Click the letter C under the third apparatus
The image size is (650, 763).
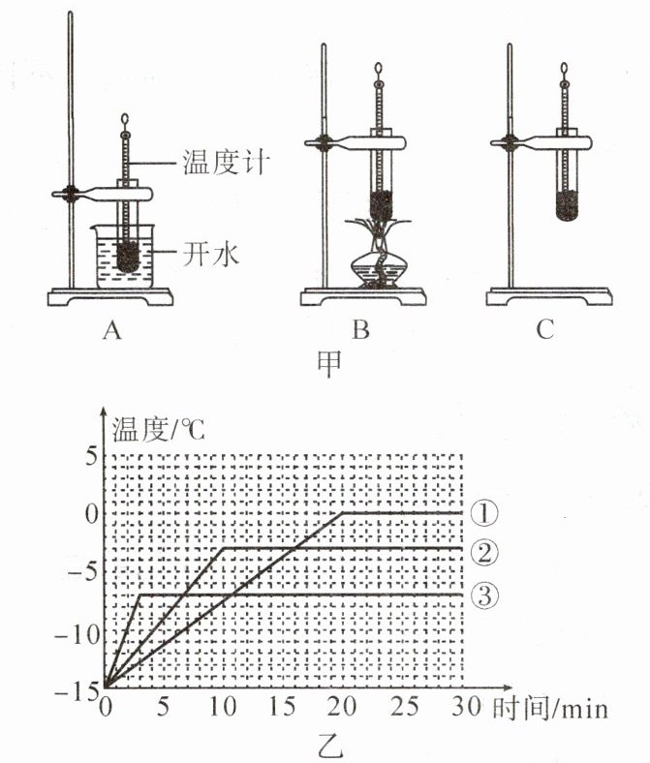(544, 330)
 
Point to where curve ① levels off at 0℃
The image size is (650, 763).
(344, 512)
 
